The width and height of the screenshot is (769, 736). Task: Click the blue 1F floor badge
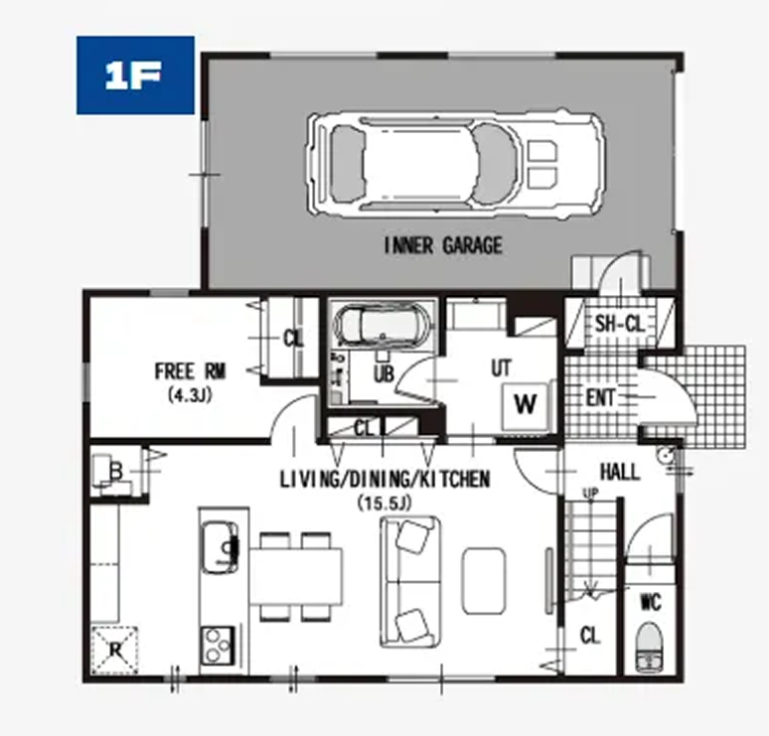pos(135,75)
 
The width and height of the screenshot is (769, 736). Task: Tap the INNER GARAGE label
pos(443,245)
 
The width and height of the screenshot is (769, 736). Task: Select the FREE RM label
pos(191,371)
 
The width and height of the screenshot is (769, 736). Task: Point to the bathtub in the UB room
pos(382,325)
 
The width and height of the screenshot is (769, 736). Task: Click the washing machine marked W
pos(526,404)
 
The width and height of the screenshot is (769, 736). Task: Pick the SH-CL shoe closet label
pos(619,324)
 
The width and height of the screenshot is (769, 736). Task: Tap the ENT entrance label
pos(600,397)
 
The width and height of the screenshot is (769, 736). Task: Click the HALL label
pos(620,472)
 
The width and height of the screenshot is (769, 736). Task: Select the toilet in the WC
pos(649,646)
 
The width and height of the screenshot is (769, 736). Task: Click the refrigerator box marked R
pos(115,650)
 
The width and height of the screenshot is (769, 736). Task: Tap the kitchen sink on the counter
pos(221,546)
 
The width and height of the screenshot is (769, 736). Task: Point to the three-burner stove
pos(218,646)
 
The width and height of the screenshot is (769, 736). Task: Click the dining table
pos(296,577)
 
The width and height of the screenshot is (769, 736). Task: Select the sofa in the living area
pos(410,581)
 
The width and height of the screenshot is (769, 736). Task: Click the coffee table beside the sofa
pos(484,581)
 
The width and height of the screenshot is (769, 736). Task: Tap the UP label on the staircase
pos(590,493)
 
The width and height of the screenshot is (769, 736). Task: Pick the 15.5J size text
pos(384,503)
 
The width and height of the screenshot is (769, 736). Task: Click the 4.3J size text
pos(190,395)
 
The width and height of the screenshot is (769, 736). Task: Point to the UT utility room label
pos(501,368)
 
